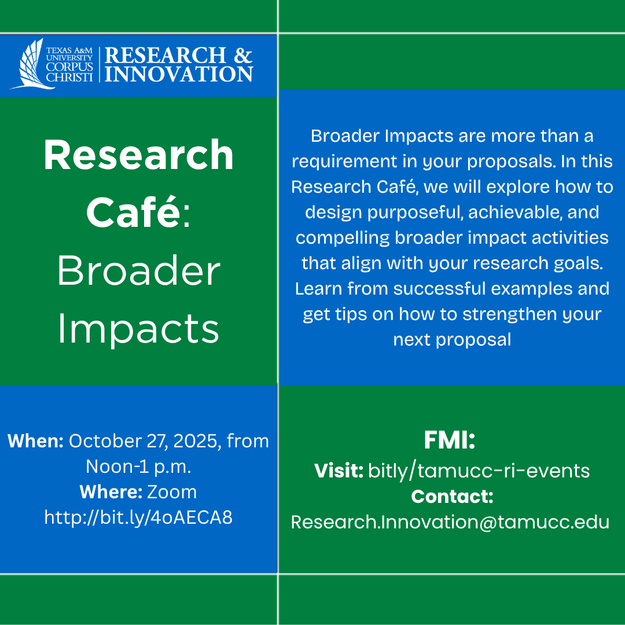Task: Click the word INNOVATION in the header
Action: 179,74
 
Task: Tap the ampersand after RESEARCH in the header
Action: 243,56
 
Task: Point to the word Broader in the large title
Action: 139,270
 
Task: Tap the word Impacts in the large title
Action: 139,328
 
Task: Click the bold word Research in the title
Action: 139,155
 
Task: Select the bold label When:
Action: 35,441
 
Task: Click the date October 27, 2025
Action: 145,441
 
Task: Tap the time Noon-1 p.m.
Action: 138,466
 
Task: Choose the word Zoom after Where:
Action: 172,492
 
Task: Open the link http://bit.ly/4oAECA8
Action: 138,517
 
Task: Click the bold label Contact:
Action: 452,496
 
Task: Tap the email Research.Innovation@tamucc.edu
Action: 450,521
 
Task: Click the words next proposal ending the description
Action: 452,339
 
